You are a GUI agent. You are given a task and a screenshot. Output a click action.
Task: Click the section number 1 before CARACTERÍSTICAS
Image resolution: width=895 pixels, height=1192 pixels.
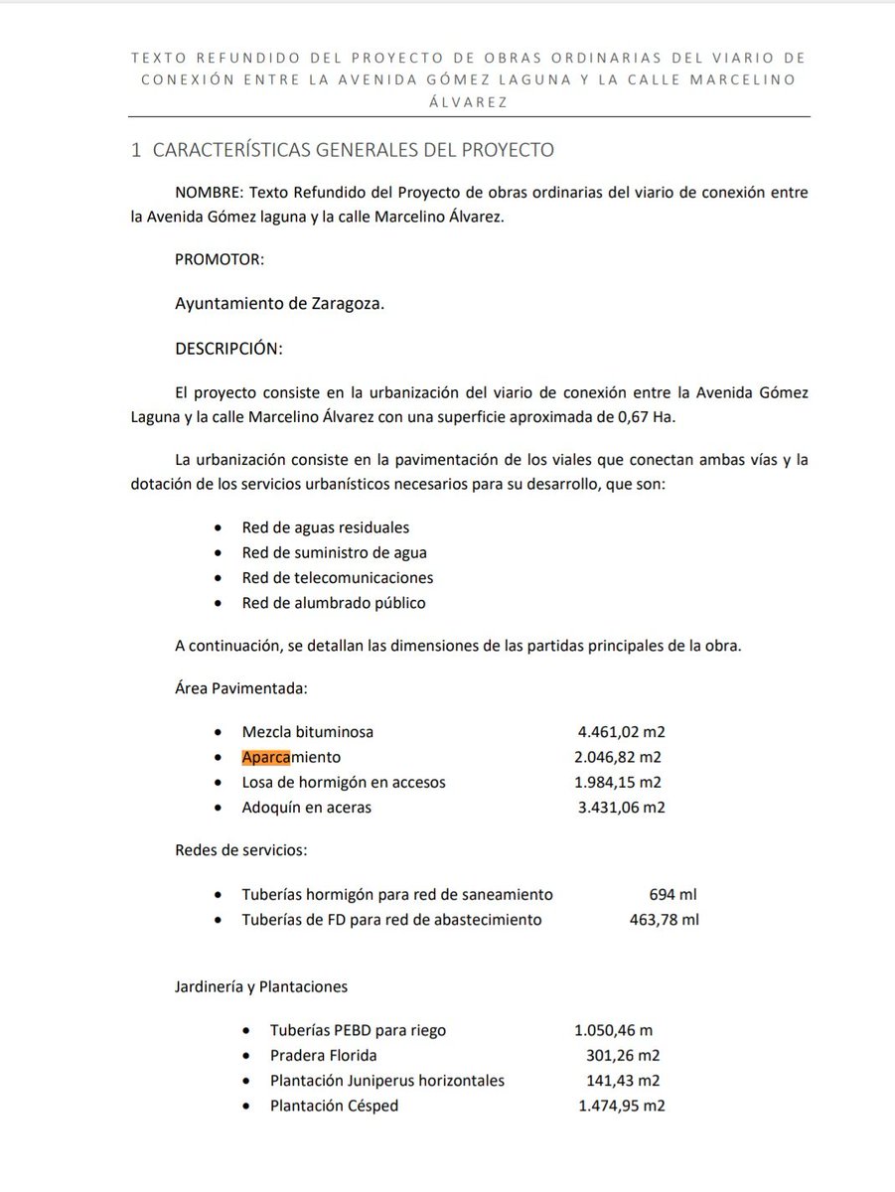click(x=136, y=151)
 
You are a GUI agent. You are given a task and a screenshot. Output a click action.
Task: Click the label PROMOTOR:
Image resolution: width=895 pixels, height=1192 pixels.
click(x=220, y=260)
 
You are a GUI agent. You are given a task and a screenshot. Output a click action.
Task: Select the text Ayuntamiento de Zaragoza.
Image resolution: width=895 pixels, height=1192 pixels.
click(x=279, y=304)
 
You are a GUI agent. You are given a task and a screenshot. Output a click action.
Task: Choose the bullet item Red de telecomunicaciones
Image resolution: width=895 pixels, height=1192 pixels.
click(x=338, y=577)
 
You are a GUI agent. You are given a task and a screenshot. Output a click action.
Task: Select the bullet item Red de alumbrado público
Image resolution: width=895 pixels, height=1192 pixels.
click(x=334, y=603)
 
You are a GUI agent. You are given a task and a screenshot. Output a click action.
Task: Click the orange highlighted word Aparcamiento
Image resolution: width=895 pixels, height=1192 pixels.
click(x=290, y=757)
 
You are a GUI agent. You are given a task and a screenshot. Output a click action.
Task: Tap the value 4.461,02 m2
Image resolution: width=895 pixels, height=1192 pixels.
click(x=621, y=732)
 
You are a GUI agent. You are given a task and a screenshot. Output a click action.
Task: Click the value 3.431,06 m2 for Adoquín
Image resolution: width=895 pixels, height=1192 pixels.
click(x=621, y=808)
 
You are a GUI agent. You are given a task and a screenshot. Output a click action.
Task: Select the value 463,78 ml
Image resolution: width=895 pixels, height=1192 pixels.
click(x=665, y=920)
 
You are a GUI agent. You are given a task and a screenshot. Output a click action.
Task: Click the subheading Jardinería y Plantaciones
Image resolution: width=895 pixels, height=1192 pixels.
click(x=261, y=986)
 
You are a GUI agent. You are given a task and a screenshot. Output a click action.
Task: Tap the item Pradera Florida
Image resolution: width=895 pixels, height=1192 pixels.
click(x=323, y=1055)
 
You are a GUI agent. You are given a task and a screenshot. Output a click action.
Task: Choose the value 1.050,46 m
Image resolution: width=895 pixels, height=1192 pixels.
click(x=613, y=1030)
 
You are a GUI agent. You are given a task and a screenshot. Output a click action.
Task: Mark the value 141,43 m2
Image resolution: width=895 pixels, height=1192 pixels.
click(x=623, y=1081)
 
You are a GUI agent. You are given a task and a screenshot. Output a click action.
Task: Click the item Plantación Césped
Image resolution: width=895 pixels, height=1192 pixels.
click(x=334, y=1106)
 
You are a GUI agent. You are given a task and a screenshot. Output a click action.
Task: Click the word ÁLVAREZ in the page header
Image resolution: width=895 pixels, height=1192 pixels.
click(x=463, y=101)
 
